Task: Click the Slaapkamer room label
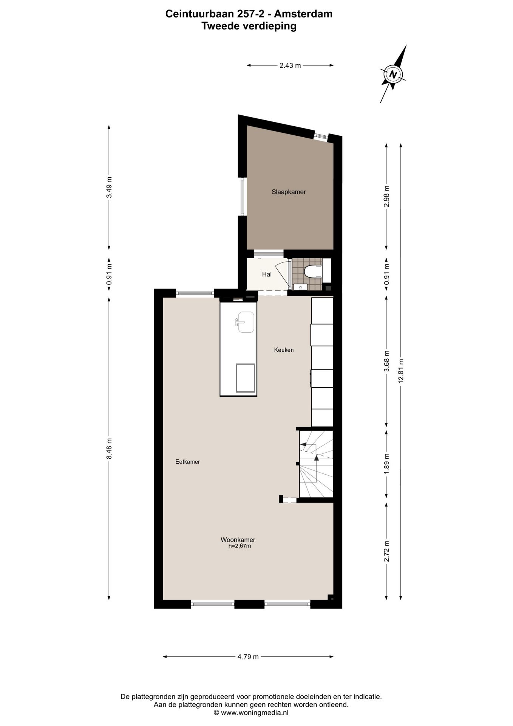(289, 192)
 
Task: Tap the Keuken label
(284, 350)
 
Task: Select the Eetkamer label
(187, 462)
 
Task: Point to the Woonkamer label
(238, 540)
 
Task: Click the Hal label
(267, 275)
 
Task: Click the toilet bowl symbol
(312, 271)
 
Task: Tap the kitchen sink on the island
(246, 322)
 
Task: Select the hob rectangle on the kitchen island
(245, 378)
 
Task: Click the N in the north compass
(393, 74)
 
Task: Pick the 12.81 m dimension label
(401, 371)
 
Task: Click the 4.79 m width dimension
(248, 657)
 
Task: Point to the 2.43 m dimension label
(290, 65)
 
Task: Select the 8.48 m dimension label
(109, 448)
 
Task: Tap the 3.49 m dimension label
(109, 188)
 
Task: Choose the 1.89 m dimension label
(386, 464)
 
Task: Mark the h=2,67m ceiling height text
(240, 546)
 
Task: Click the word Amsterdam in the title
(303, 14)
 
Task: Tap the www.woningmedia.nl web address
(255, 713)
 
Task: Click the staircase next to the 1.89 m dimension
(316, 464)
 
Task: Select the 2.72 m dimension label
(386, 551)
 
